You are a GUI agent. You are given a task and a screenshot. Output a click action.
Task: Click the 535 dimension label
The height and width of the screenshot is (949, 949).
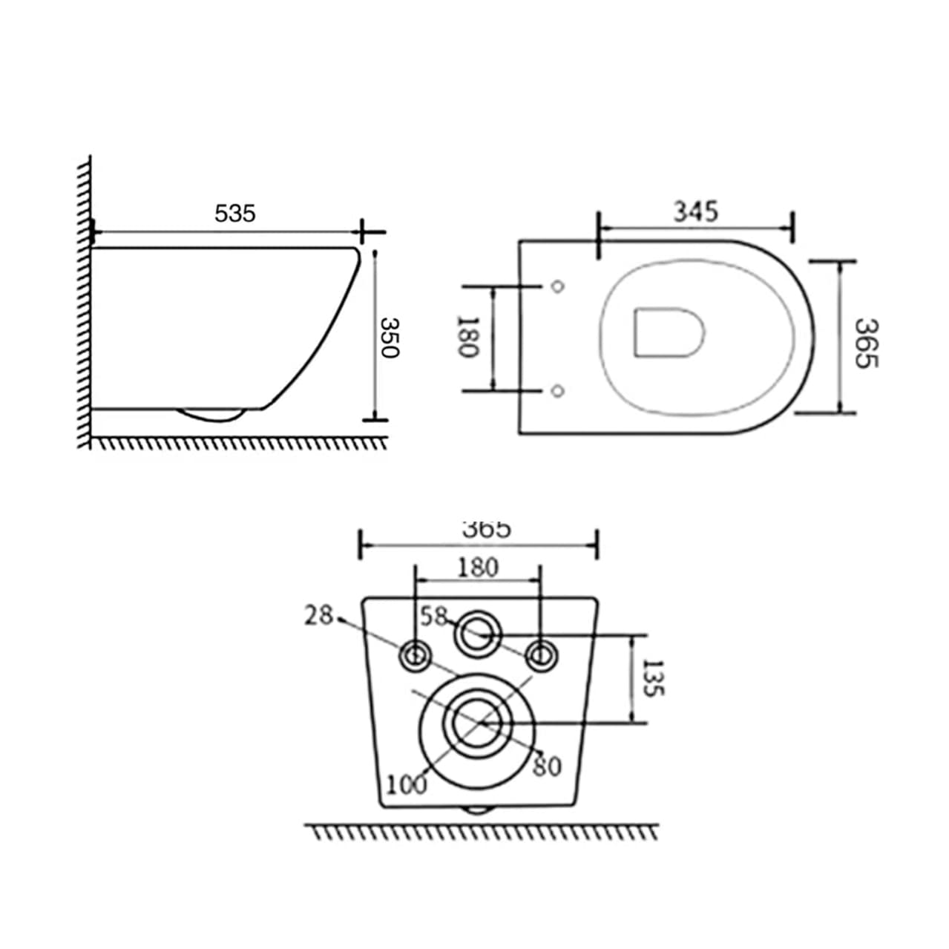click(x=234, y=214)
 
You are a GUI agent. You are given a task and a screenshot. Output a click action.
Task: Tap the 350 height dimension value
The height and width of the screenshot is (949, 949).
click(x=390, y=338)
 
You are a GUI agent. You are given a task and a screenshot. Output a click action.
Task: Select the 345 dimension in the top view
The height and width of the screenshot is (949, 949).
click(x=695, y=211)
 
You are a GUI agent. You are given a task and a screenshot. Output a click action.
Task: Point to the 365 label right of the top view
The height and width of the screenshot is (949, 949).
click(x=865, y=342)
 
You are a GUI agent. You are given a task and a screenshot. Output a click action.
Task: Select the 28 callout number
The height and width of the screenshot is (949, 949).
click(x=319, y=615)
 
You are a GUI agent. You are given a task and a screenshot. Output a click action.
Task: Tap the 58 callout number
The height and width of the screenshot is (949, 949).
click(x=434, y=616)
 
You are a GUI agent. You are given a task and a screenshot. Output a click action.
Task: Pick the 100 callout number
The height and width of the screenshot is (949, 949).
click(x=407, y=783)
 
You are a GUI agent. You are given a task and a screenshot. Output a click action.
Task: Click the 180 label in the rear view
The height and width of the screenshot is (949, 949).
click(x=477, y=568)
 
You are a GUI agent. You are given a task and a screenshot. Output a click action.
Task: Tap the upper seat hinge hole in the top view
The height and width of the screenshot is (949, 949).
click(x=559, y=286)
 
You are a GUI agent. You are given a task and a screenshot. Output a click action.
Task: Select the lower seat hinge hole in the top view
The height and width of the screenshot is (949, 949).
click(x=559, y=390)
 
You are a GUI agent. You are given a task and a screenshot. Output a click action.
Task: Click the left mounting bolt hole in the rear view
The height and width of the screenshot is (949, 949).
click(x=414, y=656)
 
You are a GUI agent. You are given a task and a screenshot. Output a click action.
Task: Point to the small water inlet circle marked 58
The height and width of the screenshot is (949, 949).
click(x=477, y=633)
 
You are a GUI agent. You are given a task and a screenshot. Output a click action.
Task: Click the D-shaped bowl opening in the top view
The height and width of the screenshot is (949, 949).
click(x=668, y=332)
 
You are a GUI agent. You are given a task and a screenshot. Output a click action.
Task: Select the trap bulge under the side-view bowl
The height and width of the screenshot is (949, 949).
click(x=214, y=413)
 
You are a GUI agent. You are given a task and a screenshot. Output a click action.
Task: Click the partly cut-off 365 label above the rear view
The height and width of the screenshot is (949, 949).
click(x=486, y=529)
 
